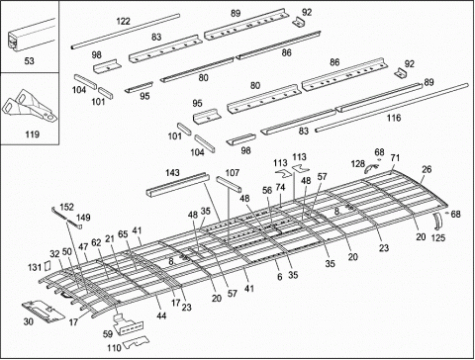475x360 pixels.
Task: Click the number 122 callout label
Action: (124, 21)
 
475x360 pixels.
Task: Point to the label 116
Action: (393, 118)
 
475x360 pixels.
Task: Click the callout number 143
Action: (173, 173)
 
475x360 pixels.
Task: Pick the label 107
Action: (233, 173)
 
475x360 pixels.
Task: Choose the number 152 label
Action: (66, 207)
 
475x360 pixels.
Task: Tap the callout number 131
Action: (35, 267)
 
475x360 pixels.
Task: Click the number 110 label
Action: (114, 347)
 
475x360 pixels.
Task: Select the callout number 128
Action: (357, 165)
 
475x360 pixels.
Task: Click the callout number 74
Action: (280, 187)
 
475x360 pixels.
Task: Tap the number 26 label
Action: (427, 168)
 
